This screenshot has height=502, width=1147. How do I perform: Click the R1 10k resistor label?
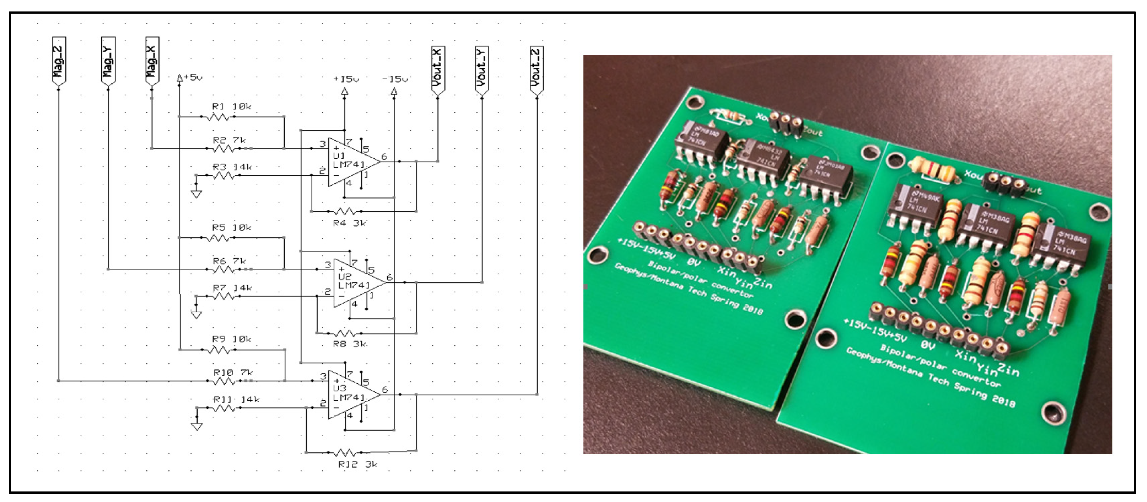231,107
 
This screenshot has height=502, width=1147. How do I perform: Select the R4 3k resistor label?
349,223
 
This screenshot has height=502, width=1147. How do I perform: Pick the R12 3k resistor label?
358,465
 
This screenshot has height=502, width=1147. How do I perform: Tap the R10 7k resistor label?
233,373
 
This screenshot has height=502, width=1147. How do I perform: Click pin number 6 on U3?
385,389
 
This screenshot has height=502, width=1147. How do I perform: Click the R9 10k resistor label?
231,339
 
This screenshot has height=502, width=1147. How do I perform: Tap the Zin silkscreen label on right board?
1008,369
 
